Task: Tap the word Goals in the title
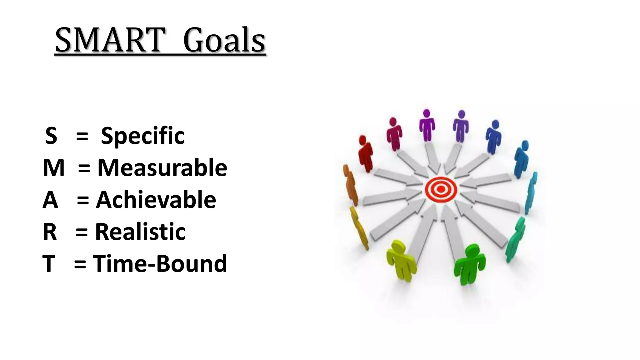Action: (224, 41)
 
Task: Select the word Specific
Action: (143, 136)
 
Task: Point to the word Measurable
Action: (162, 168)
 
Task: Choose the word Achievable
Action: (156, 200)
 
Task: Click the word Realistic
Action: (140, 232)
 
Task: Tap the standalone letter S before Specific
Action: (51, 136)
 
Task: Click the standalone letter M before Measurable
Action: (53, 168)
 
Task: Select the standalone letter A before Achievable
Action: (50, 200)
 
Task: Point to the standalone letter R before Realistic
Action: (50, 232)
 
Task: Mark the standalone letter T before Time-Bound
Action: (49, 264)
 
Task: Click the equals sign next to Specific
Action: (82, 137)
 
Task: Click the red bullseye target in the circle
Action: (441, 189)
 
